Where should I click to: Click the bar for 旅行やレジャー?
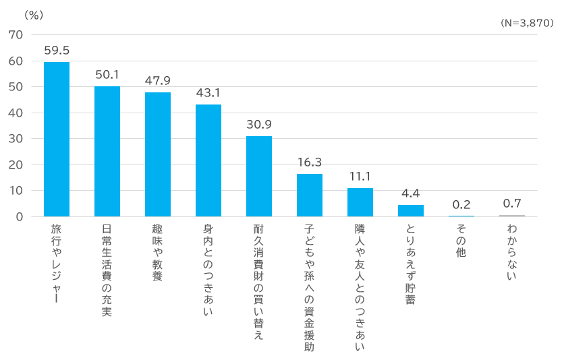coord(57,139)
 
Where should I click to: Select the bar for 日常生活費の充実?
coord(107,151)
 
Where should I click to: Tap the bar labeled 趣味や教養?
coord(158,154)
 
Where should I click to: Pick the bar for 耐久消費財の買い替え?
coord(259,176)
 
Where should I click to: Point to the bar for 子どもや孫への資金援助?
coord(310,195)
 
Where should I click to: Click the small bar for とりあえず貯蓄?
coord(411,210)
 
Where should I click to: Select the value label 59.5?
coord(57,50)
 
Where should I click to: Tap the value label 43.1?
coord(208,92)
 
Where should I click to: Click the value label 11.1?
coord(360,176)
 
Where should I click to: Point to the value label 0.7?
coord(512,203)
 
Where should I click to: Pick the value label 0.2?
coord(461,204)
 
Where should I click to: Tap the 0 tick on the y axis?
coord(20,216)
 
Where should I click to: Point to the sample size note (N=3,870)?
coord(527,23)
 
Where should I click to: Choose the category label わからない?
coord(512,253)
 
